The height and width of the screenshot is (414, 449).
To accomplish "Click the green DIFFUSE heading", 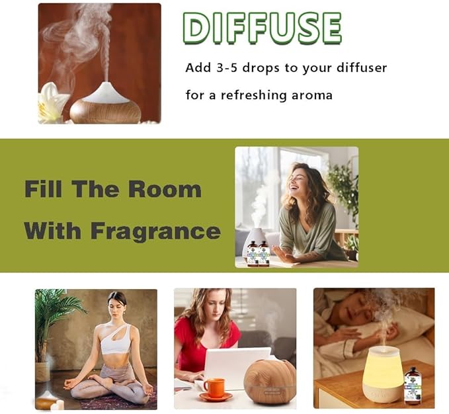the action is pyautogui.click(x=262, y=28).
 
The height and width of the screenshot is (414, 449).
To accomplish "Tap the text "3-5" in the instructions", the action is pyautogui.click(x=227, y=68).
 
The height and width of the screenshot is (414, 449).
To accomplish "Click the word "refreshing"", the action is pyautogui.click(x=253, y=95).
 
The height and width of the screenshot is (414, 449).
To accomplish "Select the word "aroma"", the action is pyautogui.click(x=312, y=96).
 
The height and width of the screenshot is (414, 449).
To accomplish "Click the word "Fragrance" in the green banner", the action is pyautogui.click(x=156, y=232).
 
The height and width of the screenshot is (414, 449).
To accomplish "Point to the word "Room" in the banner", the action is pyautogui.click(x=165, y=189).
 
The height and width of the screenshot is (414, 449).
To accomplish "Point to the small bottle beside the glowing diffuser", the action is pyautogui.click(x=413, y=386).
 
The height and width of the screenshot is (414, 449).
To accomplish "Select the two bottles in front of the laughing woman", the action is pyautogui.click(x=258, y=253).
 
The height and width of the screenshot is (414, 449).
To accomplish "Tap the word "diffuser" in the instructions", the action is pyautogui.click(x=361, y=68).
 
